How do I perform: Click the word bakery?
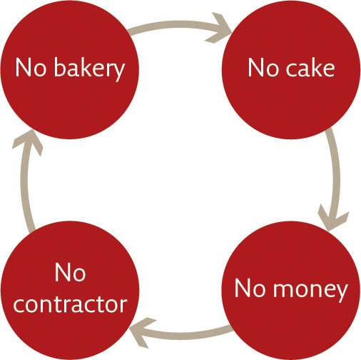[89, 69]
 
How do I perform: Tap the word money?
[310, 290]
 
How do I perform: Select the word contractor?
[71, 304]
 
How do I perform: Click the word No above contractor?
[70, 273]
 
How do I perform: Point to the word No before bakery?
[31, 68]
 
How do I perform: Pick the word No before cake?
[263, 68]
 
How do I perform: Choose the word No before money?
[250, 288]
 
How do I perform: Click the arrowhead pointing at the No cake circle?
[219, 29]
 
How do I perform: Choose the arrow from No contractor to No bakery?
[24, 181]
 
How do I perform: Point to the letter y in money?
[341, 293]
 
